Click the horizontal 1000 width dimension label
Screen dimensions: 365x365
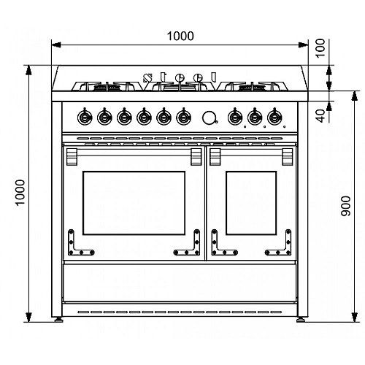click(180, 36)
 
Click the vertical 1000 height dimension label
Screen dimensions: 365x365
click(20, 193)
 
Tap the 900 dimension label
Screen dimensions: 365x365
click(346, 207)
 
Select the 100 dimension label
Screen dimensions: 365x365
click(320, 48)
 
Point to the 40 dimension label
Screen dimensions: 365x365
click(321, 116)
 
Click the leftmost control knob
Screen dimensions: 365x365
click(85, 117)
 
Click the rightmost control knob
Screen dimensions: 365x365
click(274, 117)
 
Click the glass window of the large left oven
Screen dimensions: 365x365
click(134, 203)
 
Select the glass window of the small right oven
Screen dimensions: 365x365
click(251, 203)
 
